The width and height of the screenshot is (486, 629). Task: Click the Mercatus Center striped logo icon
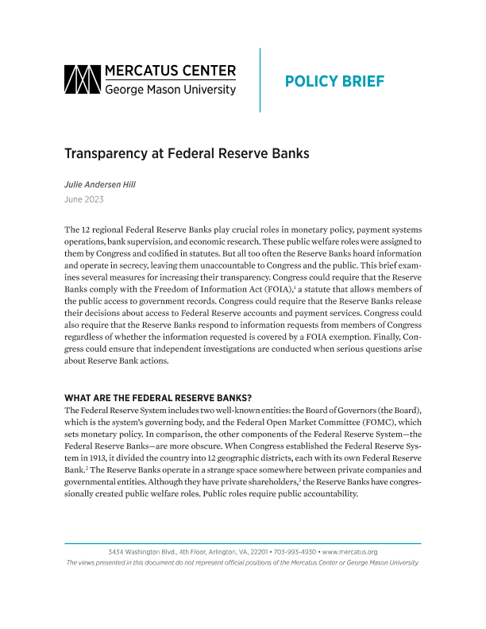point(83,79)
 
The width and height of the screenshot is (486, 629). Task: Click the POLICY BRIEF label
point(334,81)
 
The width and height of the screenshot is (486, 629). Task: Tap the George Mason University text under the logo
point(171,90)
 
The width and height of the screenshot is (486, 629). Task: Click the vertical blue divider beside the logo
point(260,79)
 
